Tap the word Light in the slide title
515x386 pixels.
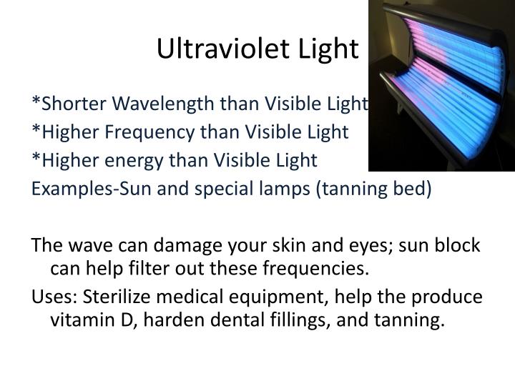327,49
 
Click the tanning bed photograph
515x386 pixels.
441,86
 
